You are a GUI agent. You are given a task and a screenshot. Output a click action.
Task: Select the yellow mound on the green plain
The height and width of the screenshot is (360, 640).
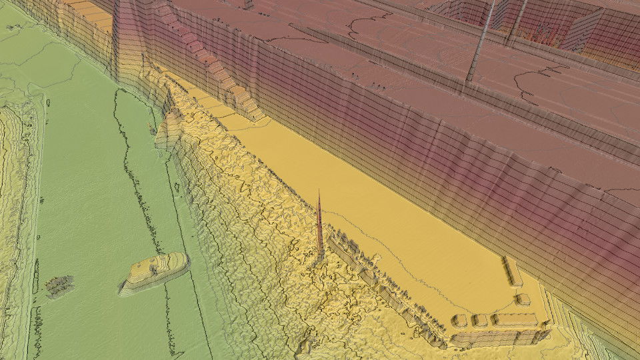click(155, 271)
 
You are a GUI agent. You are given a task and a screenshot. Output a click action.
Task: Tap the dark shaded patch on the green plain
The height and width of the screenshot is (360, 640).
click(59, 285)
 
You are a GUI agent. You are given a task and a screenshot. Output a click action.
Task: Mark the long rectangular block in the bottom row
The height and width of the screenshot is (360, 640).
click(515, 320)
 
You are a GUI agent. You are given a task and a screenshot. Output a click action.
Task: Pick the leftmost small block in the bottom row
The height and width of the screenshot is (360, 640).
click(459, 321)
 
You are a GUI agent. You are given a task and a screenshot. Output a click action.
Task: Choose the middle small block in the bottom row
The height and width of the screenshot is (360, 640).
click(480, 320)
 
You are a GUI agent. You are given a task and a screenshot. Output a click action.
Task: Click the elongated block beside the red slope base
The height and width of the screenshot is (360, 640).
click(513, 271)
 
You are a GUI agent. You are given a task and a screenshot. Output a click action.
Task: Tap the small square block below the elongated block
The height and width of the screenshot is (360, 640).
click(524, 299)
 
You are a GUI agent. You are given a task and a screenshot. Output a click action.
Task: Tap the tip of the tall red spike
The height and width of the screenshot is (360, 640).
click(319, 191)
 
